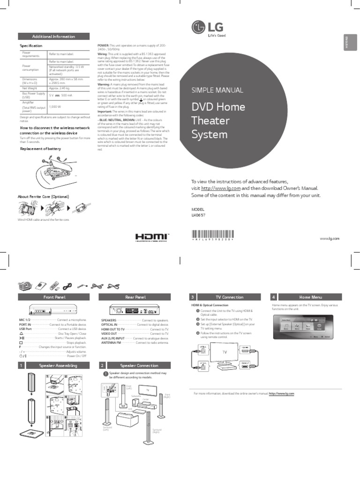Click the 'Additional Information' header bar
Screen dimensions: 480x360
(53, 37)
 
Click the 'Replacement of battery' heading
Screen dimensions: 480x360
(40, 149)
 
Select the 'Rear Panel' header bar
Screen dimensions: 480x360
(135, 297)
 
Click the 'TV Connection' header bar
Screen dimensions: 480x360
(229, 297)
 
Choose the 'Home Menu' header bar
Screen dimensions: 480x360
(311, 297)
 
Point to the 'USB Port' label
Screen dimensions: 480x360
(25, 329)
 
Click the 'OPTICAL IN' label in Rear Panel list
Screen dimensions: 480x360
(109, 324)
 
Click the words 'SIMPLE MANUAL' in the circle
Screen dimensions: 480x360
(217, 90)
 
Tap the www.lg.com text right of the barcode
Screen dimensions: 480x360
(330, 239)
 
